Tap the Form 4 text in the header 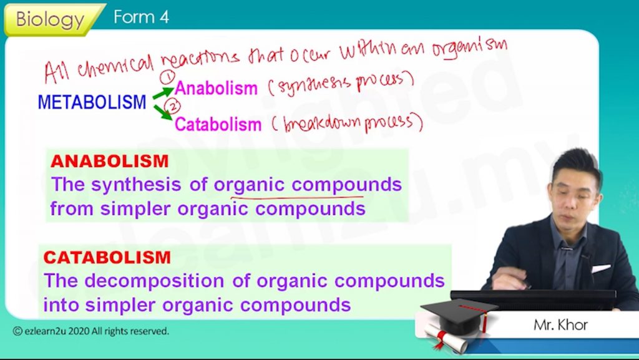141,17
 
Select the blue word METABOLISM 92,102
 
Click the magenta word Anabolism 216,88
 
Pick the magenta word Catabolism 218,124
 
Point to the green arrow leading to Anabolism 163,93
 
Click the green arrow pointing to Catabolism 163,112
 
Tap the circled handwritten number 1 167,77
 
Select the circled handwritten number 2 173,106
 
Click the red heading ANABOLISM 110,161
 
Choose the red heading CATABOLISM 107,258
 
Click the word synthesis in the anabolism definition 136,185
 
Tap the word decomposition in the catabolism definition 154,281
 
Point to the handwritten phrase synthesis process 341,83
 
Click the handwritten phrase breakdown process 349,122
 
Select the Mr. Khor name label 561,325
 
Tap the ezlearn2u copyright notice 91,331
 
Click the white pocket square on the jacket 601,268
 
